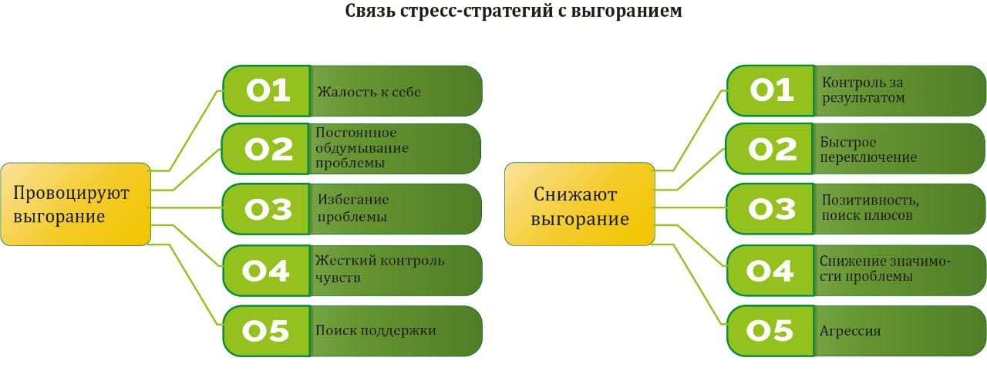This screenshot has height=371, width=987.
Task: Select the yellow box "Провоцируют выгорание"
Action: (75, 204)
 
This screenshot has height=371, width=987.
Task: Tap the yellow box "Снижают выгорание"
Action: (580, 204)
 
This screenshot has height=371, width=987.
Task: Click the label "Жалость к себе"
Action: (369, 92)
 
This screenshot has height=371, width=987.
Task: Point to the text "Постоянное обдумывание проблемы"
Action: (362, 148)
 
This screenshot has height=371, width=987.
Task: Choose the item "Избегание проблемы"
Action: (352, 208)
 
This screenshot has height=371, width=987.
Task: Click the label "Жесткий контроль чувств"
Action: (379, 269)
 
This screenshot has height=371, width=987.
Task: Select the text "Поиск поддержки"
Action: (376, 330)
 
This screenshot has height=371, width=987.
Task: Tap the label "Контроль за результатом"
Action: (864, 90)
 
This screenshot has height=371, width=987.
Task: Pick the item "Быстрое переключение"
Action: (869, 150)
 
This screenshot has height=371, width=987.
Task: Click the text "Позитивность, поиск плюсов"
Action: (870, 207)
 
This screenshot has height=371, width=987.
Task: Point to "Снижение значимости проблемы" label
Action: (885, 268)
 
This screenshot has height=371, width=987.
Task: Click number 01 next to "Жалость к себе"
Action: (267, 91)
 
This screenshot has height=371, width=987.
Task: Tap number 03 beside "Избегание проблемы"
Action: (267, 209)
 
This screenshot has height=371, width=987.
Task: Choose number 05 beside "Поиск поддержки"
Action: (267, 331)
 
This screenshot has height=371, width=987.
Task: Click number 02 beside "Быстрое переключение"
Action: (772, 150)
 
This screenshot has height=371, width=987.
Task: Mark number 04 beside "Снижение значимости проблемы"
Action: (772, 270)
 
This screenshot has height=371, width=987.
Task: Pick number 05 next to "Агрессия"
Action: (772, 331)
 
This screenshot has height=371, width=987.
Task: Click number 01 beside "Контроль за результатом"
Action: (772, 91)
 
